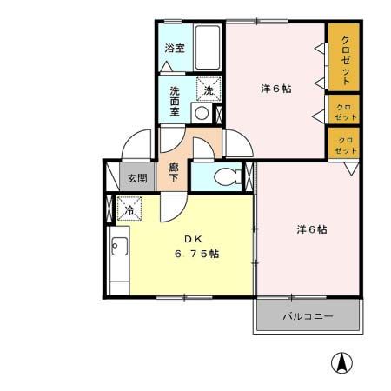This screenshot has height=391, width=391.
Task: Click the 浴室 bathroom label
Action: pyautogui.click(x=174, y=48)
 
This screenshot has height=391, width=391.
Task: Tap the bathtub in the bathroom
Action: pyautogui.click(x=206, y=43)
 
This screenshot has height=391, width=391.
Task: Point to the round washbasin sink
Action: pyautogui.click(x=202, y=113)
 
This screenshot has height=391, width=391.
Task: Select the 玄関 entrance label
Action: pyautogui.click(x=137, y=178)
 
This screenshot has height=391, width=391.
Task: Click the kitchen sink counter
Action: pyautogui.click(x=118, y=256)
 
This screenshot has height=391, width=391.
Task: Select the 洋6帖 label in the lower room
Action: pyautogui.click(x=311, y=229)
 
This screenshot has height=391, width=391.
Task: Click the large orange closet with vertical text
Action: pyautogui.click(x=345, y=56)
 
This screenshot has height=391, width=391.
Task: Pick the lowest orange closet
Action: pyautogui.click(x=344, y=142)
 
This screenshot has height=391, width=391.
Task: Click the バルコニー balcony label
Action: pyautogui.click(x=306, y=316)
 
